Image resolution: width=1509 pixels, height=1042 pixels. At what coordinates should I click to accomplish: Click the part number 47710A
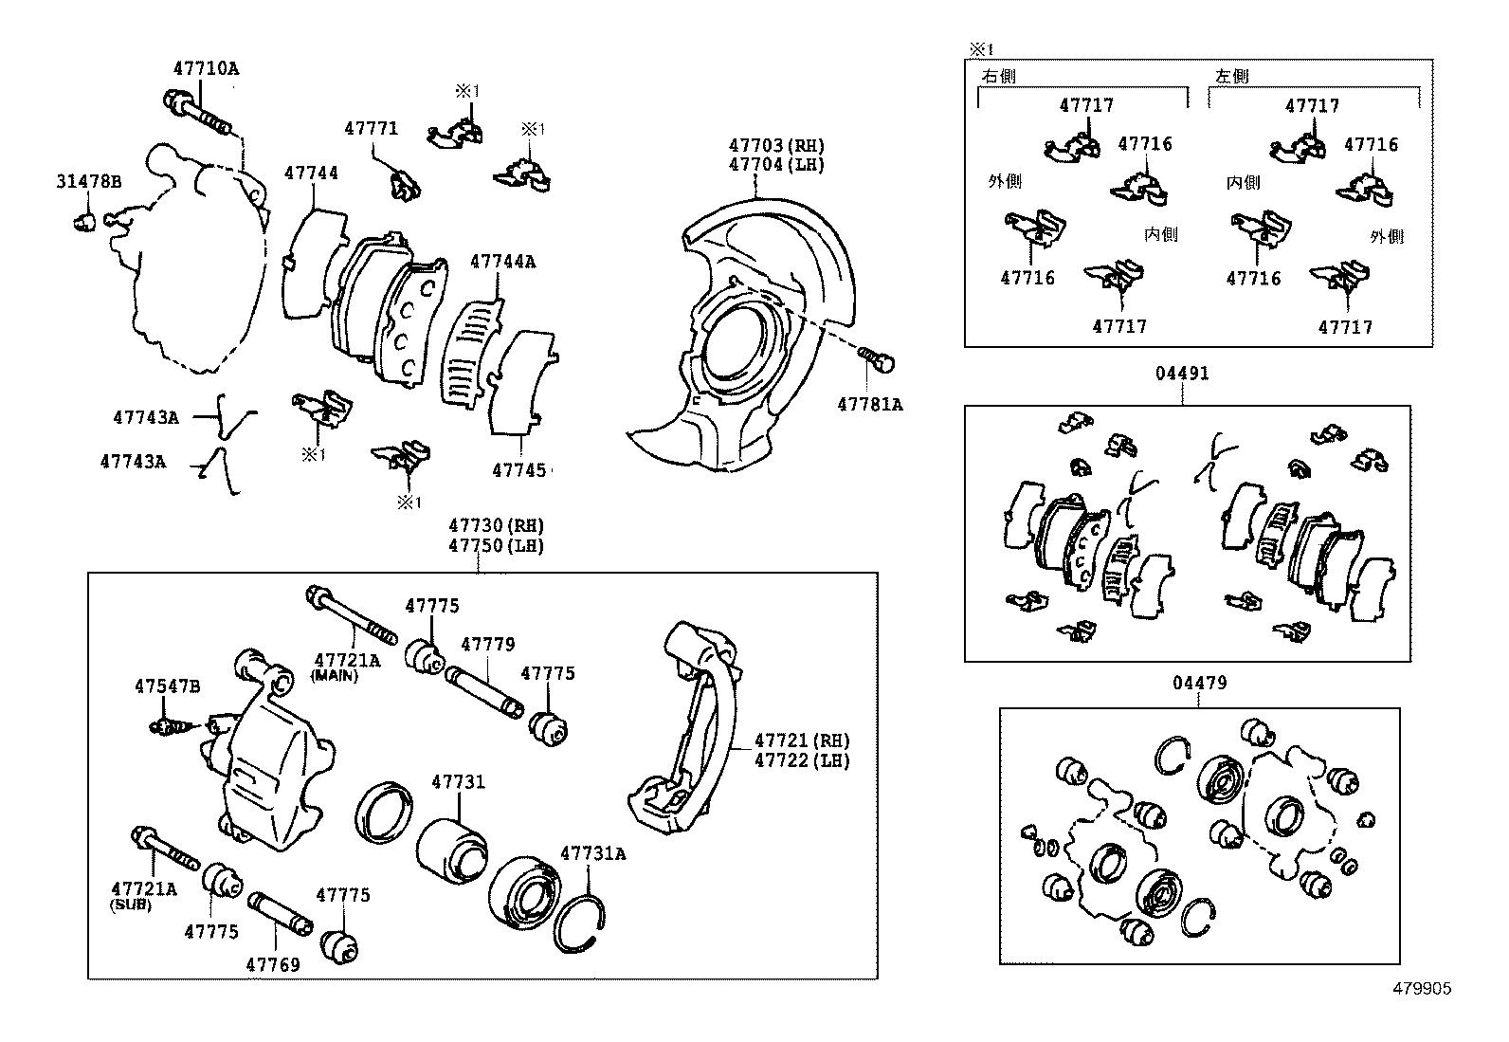point(206,69)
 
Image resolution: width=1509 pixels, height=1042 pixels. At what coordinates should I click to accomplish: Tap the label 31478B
point(88,182)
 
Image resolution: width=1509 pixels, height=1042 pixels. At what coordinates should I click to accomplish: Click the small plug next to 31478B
point(84,223)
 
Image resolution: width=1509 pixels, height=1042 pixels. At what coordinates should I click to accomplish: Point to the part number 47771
point(371,129)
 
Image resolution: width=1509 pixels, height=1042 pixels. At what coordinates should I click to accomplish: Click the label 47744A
point(502,262)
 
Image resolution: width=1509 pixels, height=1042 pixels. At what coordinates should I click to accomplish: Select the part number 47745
point(518,470)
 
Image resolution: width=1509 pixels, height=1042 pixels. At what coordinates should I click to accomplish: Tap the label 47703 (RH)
point(776,146)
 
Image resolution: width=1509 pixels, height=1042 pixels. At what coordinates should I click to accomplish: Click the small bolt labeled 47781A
point(879,361)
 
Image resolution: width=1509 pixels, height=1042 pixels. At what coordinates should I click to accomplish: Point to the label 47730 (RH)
point(496,526)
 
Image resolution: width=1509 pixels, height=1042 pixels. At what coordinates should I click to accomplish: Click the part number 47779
point(487,645)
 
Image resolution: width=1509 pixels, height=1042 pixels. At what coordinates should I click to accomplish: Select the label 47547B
point(167,686)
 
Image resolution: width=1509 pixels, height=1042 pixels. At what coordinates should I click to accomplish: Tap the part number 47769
point(273,964)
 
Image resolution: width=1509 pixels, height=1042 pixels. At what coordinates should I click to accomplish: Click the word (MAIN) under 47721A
point(334,676)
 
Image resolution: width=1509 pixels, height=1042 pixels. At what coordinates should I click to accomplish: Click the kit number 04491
point(1181,374)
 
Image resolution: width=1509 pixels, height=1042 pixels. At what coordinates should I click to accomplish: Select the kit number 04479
point(1199,683)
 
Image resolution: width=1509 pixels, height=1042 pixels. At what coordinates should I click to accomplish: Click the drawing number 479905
point(1421,989)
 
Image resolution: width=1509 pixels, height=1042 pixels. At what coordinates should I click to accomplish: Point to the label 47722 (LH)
point(802,760)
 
